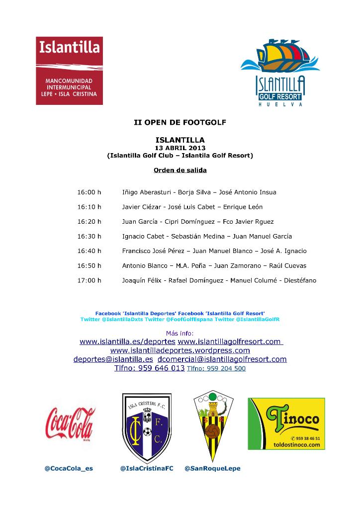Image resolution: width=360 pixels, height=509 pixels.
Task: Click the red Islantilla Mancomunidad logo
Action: pos(69,70)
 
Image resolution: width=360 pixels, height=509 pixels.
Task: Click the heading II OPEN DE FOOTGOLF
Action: pos(180,121)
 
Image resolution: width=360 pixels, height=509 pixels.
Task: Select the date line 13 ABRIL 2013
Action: pos(180,148)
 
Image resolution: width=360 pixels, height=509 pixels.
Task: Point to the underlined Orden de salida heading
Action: pos(180,170)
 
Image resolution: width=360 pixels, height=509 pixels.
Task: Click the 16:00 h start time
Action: pos(89,192)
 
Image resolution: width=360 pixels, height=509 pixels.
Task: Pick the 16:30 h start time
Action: pos(89,236)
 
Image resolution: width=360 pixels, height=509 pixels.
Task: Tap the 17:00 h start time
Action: pos(89,280)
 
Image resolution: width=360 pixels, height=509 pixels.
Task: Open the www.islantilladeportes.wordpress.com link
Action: pos(180,350)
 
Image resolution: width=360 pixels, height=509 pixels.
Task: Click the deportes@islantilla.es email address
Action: pos(113,359)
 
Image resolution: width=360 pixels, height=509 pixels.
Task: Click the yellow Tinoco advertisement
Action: pos(286,424)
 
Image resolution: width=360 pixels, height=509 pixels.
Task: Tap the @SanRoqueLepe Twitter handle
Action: pos(212,468)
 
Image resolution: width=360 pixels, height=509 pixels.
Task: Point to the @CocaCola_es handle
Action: pos(69,468)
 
